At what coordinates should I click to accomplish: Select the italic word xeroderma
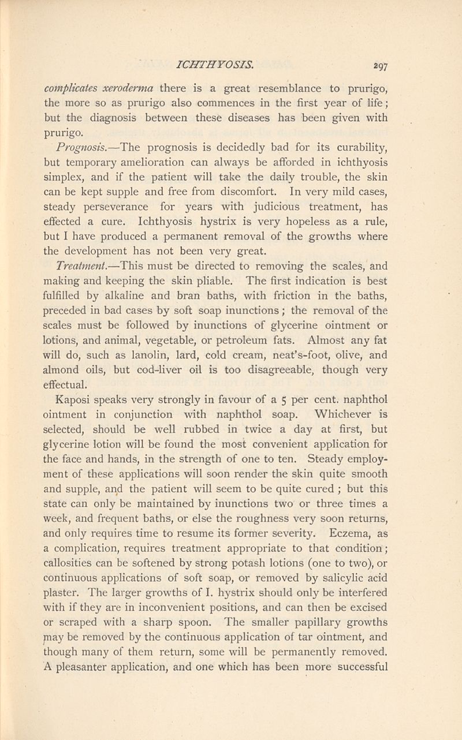click(x=118, y=89)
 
